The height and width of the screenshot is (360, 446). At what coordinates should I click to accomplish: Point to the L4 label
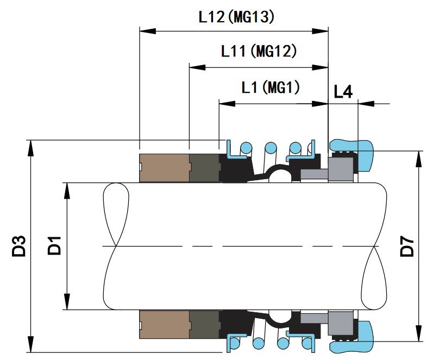point(343,91)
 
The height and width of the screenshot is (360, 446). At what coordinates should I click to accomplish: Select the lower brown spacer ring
point(164,324)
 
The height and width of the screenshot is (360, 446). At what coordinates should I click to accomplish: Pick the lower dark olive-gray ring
point(204,324)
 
